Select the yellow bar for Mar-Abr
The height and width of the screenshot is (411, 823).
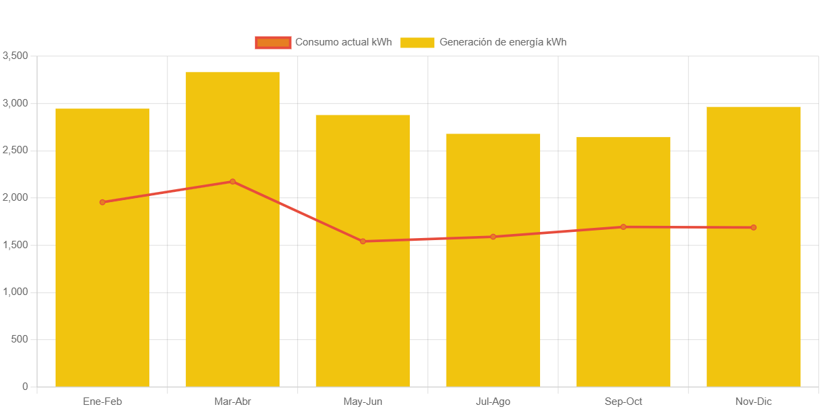[233, 285]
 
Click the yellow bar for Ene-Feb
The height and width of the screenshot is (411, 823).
[102, 298]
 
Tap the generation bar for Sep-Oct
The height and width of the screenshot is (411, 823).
[623, 305]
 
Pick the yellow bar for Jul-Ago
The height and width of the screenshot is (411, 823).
[493, 305]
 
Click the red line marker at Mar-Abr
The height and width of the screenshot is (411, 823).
[233, 182]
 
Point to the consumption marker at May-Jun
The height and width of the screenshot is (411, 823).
[363, 241]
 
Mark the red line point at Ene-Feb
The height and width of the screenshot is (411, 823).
[102, 202]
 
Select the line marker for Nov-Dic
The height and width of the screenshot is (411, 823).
[753, 227]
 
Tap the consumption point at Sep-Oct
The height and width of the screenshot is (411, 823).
[623, 227]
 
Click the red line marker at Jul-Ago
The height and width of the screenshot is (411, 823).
[493, 237]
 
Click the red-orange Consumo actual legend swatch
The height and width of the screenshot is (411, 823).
[273, 43]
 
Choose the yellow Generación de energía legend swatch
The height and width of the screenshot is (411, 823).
[417, 43]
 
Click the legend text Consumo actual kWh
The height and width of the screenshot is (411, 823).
[343, 43]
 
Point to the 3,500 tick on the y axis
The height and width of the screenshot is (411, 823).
[15, 56]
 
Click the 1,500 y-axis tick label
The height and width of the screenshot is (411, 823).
[15, 245]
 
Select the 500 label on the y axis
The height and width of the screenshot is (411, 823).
[20, 339]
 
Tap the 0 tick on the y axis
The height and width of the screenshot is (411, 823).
[25, 387]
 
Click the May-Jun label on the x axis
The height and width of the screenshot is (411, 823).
[363, 402]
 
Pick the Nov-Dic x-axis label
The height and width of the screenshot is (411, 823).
[753, 402]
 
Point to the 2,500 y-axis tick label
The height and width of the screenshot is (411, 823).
[15, 150]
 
